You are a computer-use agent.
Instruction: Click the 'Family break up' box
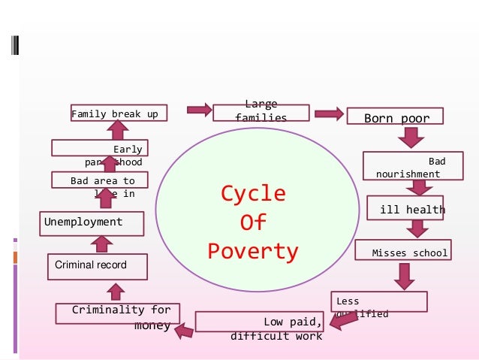(119, 113)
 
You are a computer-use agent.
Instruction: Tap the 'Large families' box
(261, 112)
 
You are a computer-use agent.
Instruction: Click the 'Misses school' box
(402, 251)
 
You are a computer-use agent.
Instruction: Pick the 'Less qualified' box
(379, 301)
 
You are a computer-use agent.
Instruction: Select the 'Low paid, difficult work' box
(260, 322)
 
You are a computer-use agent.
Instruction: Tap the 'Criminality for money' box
(113, 313)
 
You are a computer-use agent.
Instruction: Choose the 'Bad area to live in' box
(99, 180)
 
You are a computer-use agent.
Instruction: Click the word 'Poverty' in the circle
(253, 251)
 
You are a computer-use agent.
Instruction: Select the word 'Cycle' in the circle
(253, 194)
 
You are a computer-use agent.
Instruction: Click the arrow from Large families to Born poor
(329, 114)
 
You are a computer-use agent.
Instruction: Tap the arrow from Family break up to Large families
(198, 110)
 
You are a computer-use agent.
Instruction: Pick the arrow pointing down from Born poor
(411, 138)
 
